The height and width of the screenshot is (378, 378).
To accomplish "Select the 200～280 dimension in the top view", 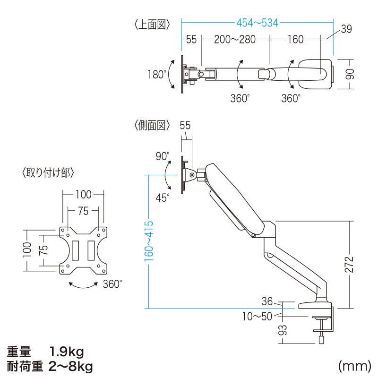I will coord(235,40).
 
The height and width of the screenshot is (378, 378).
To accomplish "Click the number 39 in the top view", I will coord(346,29).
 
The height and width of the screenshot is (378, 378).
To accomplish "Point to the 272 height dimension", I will coord(350,265).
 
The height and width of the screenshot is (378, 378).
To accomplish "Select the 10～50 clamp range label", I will coord(258,317).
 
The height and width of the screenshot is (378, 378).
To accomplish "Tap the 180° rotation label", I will coord(157,75).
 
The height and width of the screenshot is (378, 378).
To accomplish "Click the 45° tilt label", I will coord(162,198).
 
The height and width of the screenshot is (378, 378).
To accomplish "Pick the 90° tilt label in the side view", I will coord(162,156).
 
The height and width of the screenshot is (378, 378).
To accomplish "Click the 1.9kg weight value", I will coord(67,352).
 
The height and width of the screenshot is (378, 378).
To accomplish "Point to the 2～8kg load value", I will coord(70,366).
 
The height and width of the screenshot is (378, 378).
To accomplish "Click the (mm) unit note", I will coord(353,366).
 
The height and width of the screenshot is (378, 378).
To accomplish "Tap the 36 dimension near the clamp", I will coord(267,301).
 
